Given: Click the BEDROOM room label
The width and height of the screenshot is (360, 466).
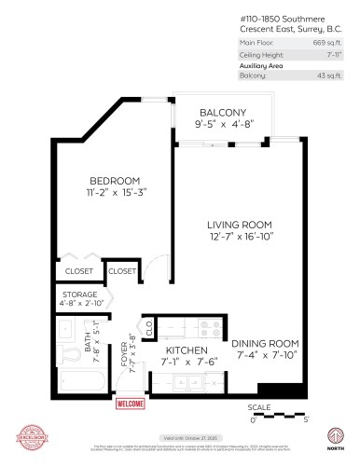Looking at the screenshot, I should click(115, 180).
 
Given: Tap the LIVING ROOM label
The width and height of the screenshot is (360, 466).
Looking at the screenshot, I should click(239, 225).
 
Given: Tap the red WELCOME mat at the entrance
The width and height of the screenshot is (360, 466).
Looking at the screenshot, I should click(130, 404).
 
